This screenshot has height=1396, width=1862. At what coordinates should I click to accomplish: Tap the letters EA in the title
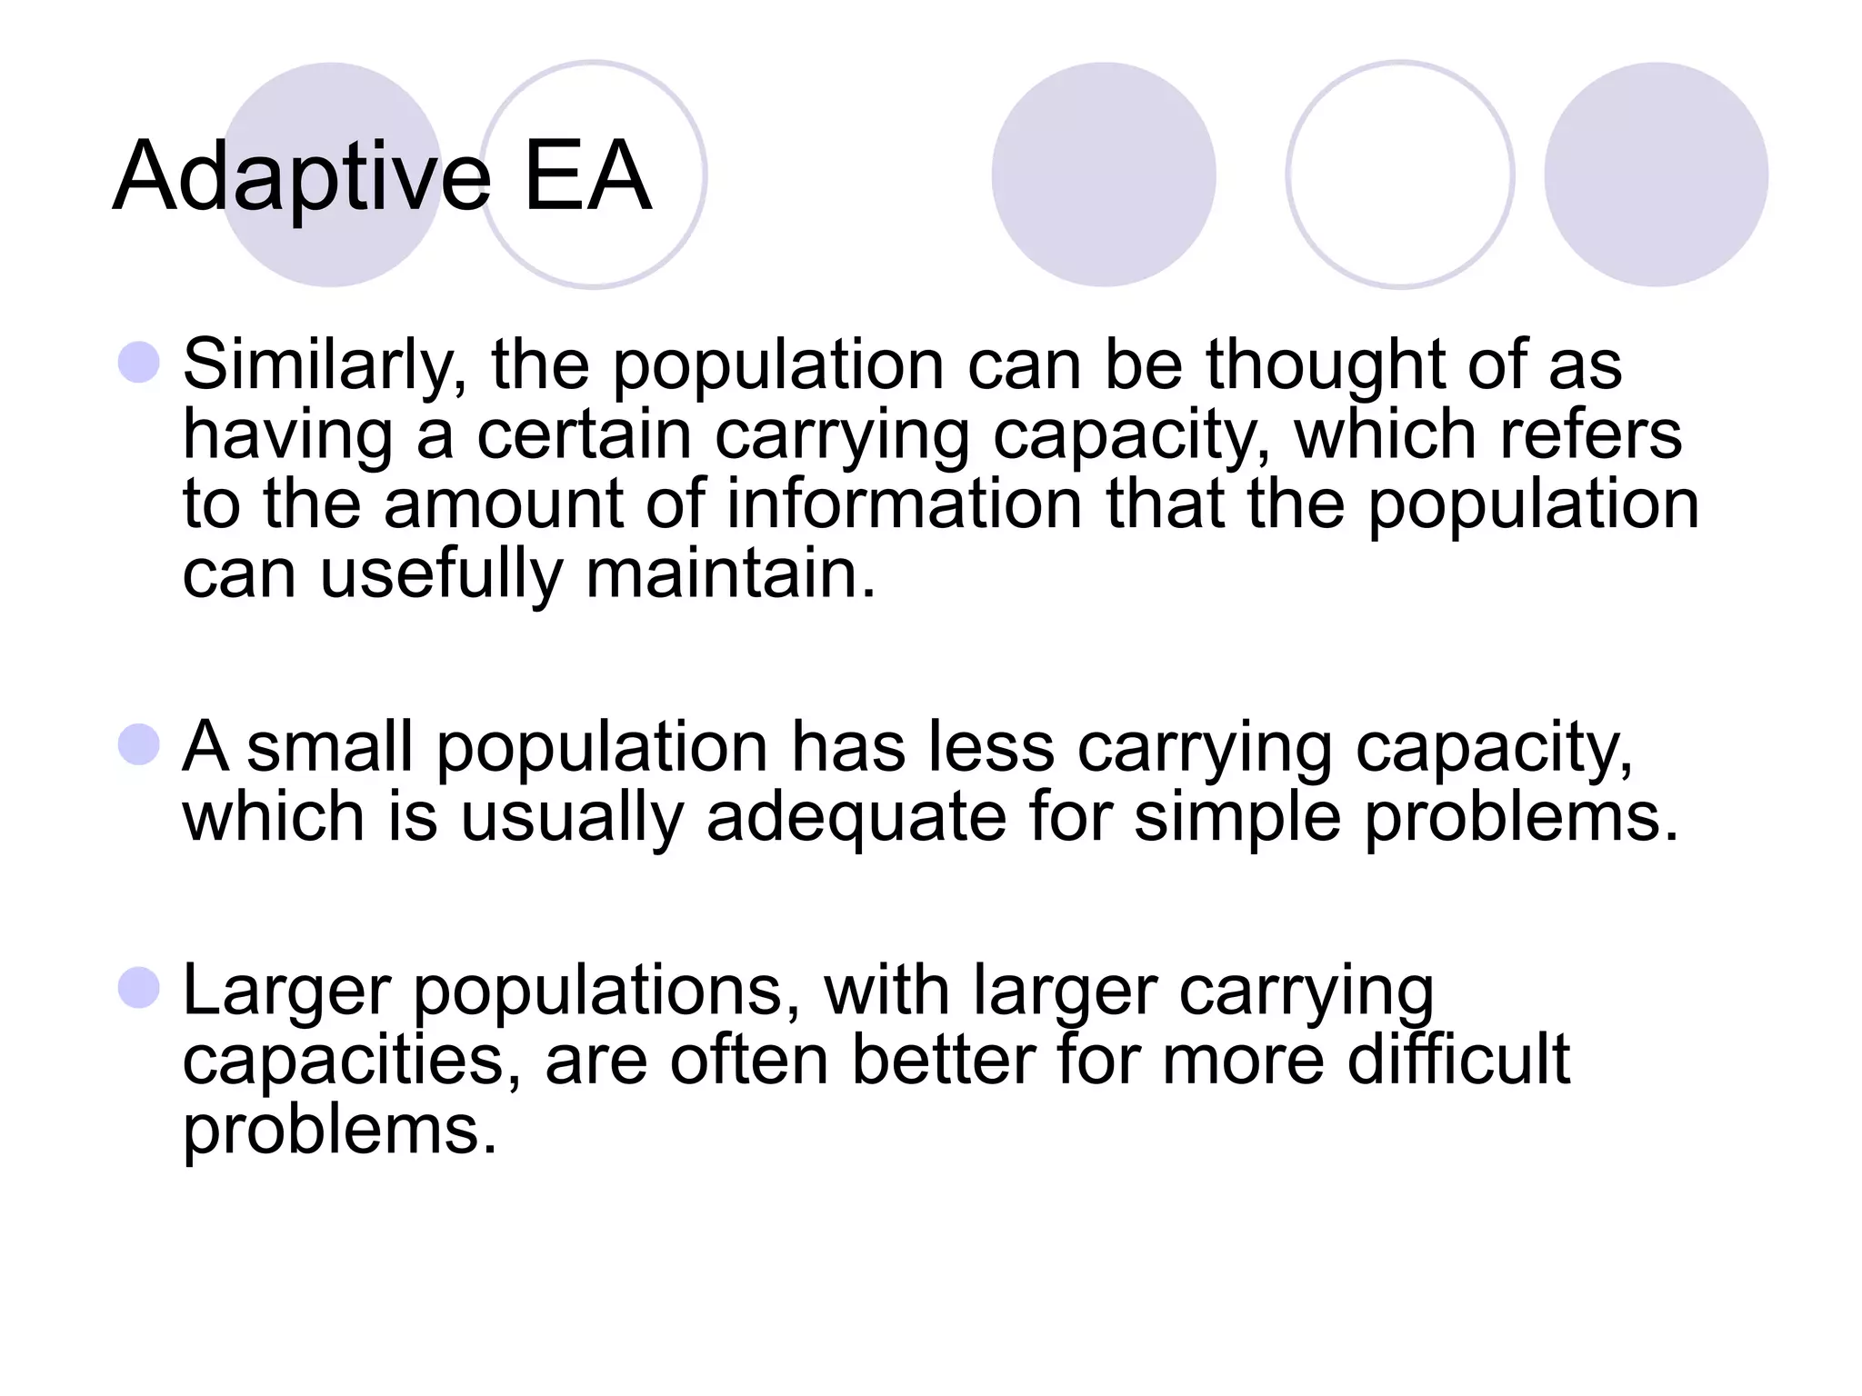tap(587, 176)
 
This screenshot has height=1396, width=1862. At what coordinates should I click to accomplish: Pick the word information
tap(904, 504)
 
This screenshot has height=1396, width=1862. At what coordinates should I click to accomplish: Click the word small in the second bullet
tap(330, 747)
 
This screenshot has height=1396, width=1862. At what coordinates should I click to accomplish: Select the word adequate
tap(856, 817)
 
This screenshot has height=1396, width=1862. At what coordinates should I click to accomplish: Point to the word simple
tap(1237, 817)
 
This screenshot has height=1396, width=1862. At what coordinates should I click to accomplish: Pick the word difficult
tap(1458, 1060)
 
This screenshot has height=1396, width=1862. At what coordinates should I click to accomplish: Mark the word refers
tap(1590, 434)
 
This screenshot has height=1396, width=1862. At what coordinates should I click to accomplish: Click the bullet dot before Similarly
tap(139, 363)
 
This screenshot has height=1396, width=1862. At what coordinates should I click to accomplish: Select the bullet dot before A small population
tap(139, 745)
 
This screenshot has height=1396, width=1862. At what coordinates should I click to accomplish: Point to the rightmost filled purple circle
tap(1656, 174)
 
